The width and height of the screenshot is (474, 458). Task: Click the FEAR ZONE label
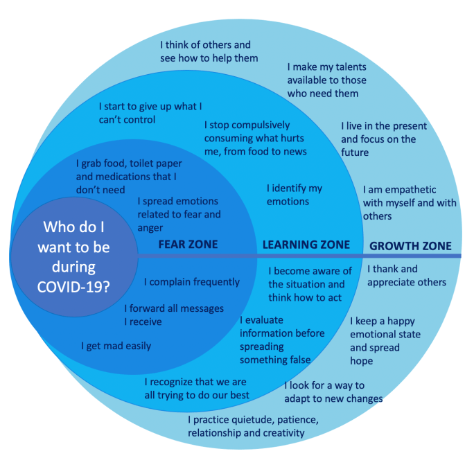click(x=188, y=245)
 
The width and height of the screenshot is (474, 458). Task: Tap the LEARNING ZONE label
click(x=305, y=245)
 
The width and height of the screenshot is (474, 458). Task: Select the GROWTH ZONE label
click(x=410, y=246)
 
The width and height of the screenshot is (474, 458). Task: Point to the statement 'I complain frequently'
click(x=192, y=282)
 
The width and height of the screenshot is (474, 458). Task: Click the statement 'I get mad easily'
click(x=116, y=346)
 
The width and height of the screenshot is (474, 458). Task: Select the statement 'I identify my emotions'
click(x=295, y=195)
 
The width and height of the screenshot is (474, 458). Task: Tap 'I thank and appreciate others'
click(x=406, y=276)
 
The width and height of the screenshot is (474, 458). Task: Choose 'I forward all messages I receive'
click(x=174, y=315)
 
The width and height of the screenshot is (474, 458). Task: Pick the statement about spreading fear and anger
click(x=179, y=215)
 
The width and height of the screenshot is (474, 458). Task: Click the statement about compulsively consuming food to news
click(x=255, y=139)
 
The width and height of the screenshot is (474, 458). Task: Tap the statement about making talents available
click(x=326, y=80)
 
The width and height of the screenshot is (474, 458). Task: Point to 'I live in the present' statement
click(x=384, y=139)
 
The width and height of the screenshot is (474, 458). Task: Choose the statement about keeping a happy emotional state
click(x=385, y=341)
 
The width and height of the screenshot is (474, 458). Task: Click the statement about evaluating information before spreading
click(x=282, y=340)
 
